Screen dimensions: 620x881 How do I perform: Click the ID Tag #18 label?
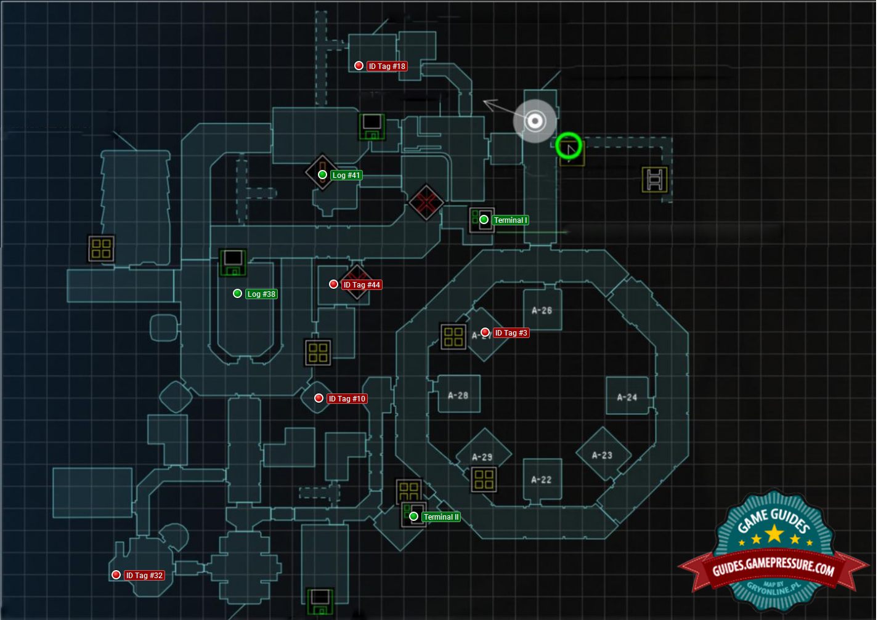click(x=387, y=66)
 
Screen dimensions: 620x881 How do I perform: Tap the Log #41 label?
click(x=346, y=175)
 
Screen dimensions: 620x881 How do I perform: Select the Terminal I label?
click(x=510, y=220)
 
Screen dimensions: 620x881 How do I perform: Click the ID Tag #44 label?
click(x=362, y=285)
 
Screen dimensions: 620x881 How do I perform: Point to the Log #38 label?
click(x=261, y=294)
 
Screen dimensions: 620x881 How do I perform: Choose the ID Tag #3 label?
click(x=511, y=333)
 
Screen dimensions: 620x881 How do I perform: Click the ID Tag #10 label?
click(x=347, y=399)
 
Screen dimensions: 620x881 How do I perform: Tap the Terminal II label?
click(x=441, y=517)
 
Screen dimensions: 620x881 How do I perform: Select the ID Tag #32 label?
click(x=145, y=576)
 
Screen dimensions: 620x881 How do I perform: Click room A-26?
click(x=542, y=310)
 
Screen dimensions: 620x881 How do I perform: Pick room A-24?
click(x=627, y=397)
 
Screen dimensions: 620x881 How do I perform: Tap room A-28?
click(x=458, y=395)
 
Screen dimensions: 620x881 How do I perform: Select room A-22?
click(x=542, y=479)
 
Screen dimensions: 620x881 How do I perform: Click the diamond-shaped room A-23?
click(x=602, y=455)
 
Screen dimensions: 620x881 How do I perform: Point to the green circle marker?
click(x=568, y=146)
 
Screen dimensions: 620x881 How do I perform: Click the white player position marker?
click(x=535, y=121)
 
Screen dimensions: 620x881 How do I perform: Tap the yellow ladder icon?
click(x=654, y=179)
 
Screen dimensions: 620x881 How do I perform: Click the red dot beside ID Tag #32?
click(x=116, y=575)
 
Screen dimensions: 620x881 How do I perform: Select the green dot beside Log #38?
click(x=237, y=294)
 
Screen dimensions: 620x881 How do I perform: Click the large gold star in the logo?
click(x=774, y=533)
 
